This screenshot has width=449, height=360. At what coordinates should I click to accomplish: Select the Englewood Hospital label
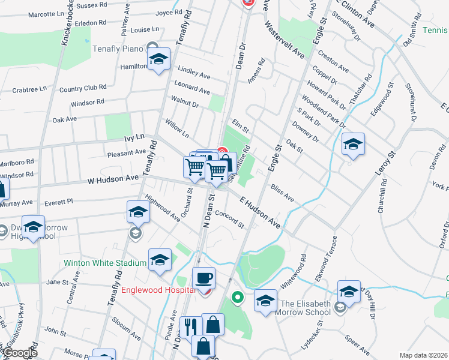tap(159, 290)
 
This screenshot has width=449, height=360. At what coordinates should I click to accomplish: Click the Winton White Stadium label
tap(105, 263)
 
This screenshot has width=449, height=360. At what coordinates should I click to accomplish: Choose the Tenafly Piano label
tap(117, 49)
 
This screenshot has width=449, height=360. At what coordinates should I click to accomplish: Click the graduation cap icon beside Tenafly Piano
tap(158, 60)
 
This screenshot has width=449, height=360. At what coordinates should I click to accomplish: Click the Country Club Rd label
tap(82, 89)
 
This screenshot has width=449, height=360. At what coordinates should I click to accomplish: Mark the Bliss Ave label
tap(282, 193)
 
